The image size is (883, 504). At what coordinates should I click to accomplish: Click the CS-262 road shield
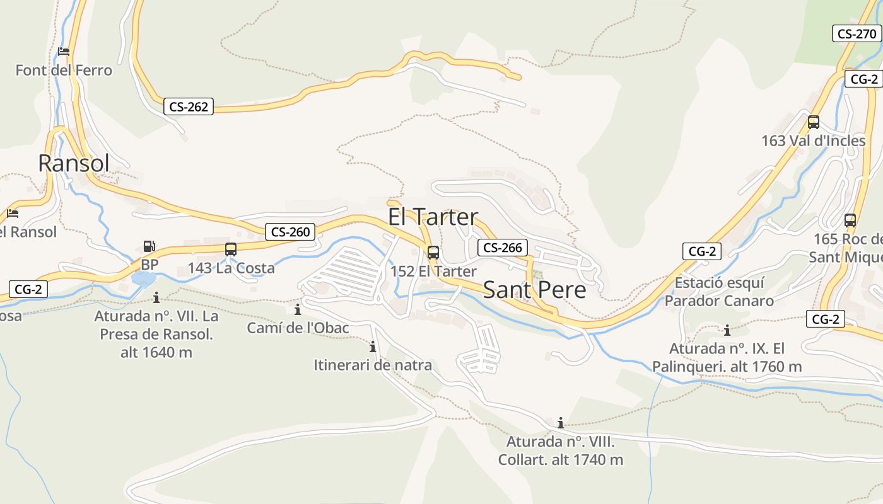pos(189,106)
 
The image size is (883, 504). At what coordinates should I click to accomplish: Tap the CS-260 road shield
pos(290,232)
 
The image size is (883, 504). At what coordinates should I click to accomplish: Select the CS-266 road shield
pos(502,248)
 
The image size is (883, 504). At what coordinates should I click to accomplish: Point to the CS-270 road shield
pos(857,33)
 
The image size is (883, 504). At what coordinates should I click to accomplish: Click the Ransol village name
pos(74,163)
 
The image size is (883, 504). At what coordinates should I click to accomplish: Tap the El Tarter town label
pos(433,217)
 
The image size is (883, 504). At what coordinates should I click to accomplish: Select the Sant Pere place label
pos(534,290)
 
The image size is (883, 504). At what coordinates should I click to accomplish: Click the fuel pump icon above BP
pos(149,246)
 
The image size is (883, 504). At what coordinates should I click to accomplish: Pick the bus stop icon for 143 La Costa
pos(231,249)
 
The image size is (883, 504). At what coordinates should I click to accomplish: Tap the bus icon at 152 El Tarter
pos(433,253)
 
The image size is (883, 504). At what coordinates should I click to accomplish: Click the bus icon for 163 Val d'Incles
pos(814,122)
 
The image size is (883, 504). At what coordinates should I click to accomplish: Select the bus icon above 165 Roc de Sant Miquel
pos(850,220)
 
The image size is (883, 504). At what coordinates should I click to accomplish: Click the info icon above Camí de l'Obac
pos(298,309)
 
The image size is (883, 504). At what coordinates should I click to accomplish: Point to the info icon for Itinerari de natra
pos(373,346)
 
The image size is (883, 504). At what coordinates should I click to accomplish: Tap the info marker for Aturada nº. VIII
pos(560,423)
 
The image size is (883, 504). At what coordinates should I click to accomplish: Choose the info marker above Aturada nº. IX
pos(727,330)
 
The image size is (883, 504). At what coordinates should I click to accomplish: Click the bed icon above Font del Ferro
pos(64,52)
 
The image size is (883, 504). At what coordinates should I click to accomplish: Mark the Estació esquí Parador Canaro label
pos(719,292)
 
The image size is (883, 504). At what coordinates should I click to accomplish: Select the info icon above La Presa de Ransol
pos(156,297)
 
